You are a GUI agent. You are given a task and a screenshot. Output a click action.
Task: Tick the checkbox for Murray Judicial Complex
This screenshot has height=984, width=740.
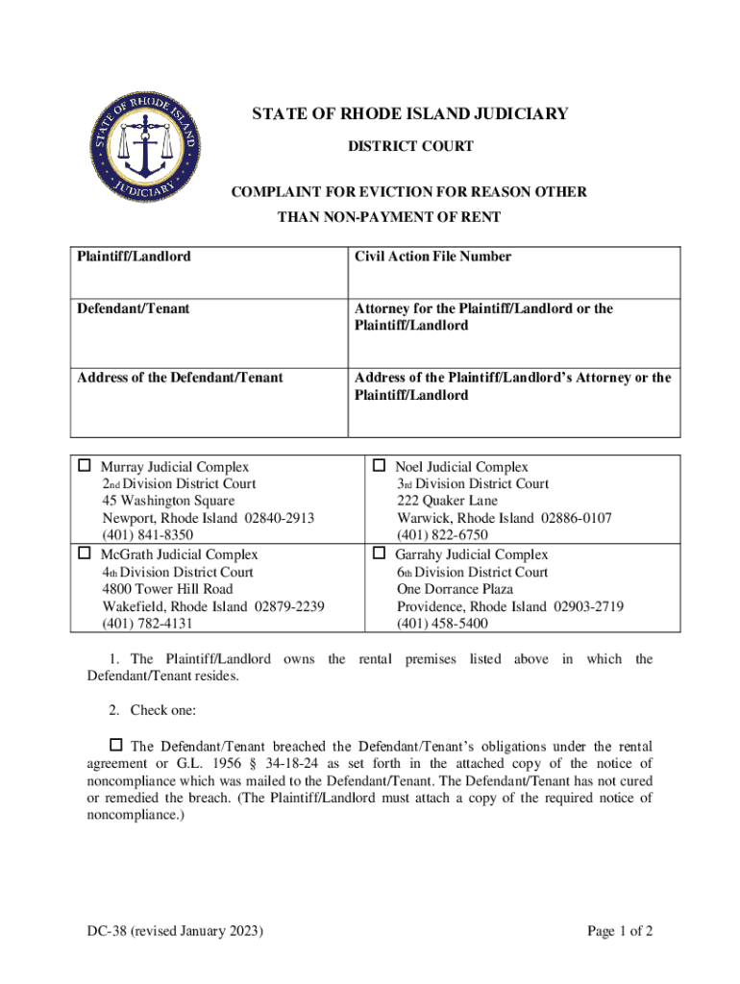[x=85, y=467]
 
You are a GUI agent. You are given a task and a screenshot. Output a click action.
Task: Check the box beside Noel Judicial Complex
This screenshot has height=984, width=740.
[x=379, y=467]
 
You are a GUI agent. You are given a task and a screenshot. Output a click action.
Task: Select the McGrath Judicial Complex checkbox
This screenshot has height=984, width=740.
[x=85, y=553]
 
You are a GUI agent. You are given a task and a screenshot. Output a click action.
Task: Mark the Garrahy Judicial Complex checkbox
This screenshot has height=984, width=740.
[x=379, y=553]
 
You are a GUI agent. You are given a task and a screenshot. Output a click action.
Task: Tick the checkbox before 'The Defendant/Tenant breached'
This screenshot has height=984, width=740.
[x=116, y=746]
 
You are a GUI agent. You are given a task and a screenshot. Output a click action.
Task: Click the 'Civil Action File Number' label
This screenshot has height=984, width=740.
[x=432, y=257]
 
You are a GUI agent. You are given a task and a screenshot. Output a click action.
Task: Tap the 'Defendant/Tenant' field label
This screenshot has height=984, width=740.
[x=133, y=308]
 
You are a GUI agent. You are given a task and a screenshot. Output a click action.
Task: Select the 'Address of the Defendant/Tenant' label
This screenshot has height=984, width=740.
[x=180, y=378]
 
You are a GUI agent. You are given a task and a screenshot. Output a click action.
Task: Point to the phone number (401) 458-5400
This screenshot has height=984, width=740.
[x=442, y=624]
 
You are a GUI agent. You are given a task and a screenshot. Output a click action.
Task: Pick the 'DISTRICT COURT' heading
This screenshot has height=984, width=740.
[x=410, y=146]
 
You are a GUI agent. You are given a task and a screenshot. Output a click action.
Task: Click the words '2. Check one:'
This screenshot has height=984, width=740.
[x=152, y=710]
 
